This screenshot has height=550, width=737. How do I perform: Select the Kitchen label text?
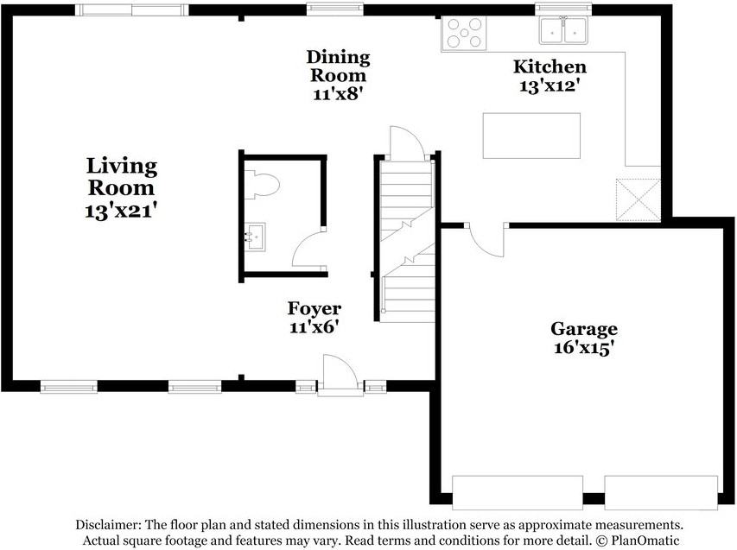550,66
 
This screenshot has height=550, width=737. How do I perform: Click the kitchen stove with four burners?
463,33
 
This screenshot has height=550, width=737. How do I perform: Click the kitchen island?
531,136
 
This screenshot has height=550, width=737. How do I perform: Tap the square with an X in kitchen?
637,200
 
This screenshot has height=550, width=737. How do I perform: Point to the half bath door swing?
309,251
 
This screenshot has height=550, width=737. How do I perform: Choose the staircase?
407,241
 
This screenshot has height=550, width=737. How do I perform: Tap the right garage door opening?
661,492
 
